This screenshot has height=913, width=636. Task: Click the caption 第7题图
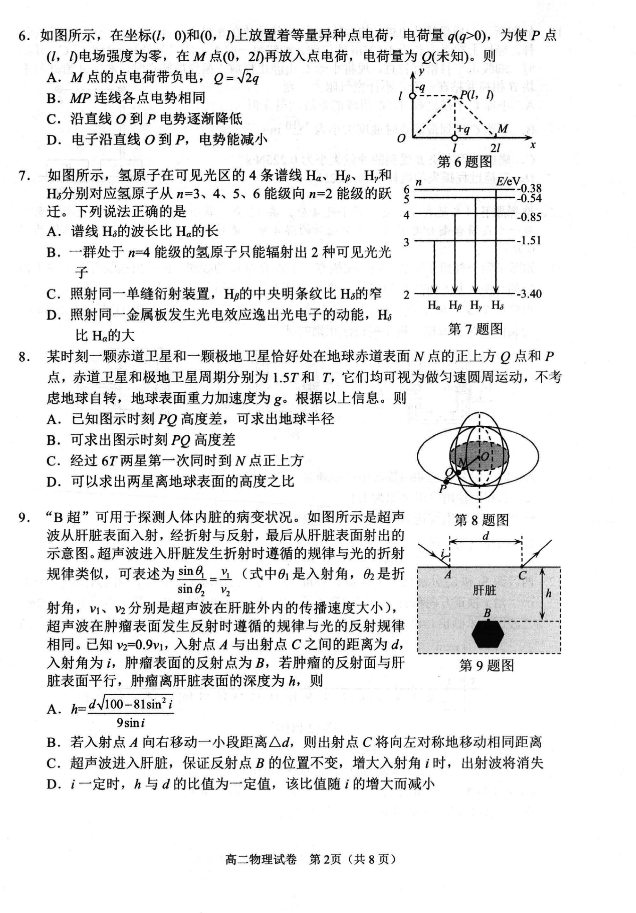point(475,329)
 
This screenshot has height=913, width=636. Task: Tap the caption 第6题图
point(465,161)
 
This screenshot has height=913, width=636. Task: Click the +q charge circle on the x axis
point(455,138)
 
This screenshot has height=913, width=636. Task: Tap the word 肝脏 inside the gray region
point(484,590)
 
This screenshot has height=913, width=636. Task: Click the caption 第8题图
point(482,520)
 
